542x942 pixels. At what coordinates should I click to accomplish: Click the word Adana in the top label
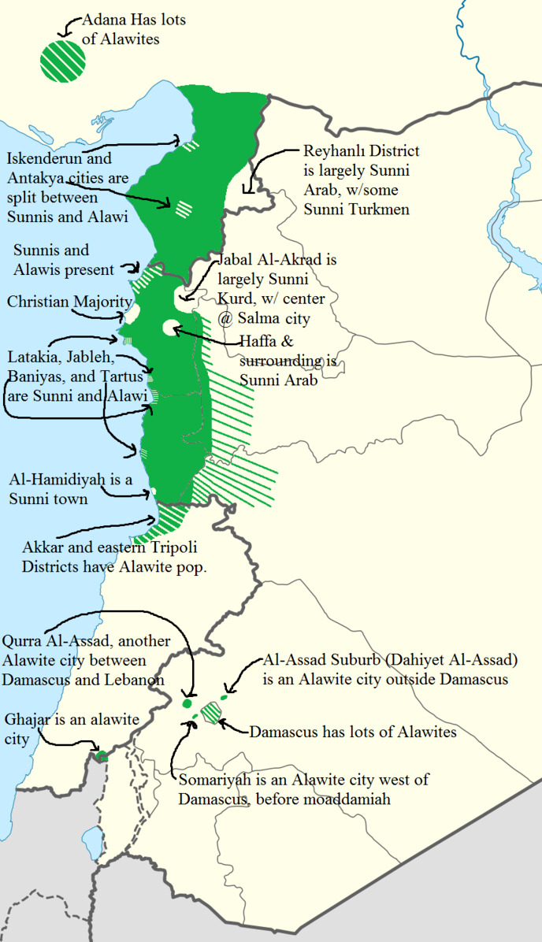113,20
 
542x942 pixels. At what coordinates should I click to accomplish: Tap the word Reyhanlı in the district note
332,152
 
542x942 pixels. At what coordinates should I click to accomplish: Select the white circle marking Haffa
170,327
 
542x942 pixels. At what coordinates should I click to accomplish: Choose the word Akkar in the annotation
44,548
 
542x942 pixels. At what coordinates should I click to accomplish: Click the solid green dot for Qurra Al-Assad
187,703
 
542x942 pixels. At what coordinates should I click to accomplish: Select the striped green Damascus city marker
211,711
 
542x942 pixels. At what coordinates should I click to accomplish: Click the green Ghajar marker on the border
100,756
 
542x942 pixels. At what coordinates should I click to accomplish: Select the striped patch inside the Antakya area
184,209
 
